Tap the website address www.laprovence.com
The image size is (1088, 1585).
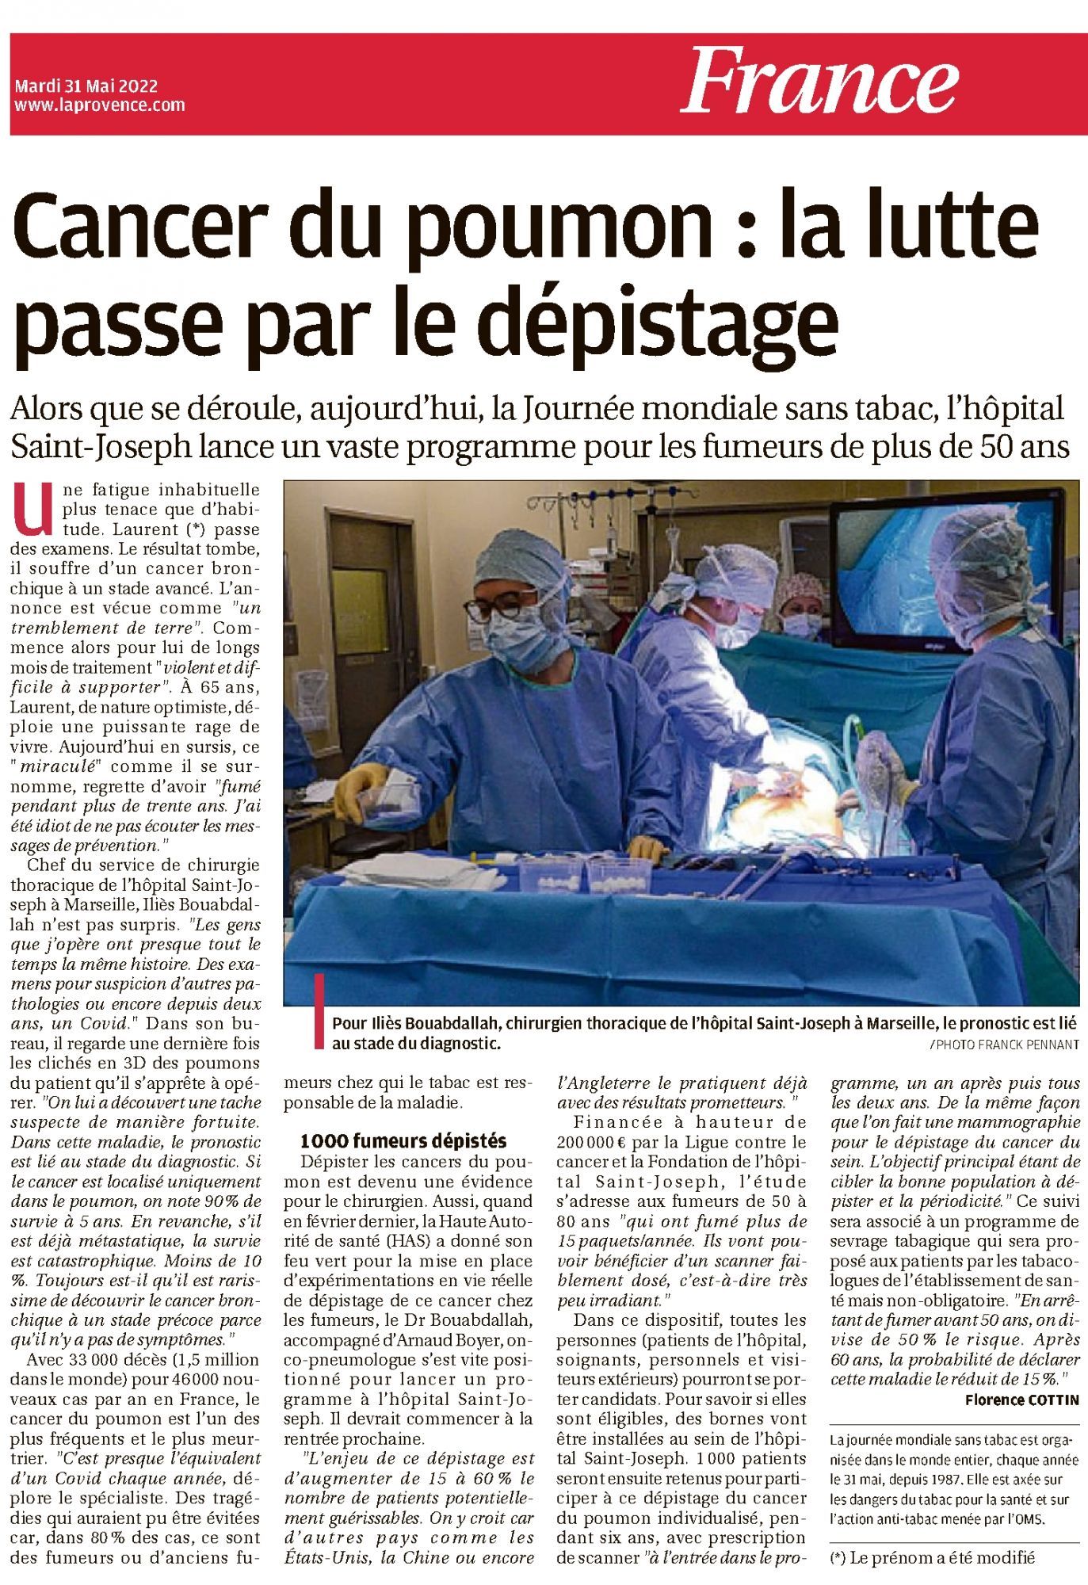[100, 105]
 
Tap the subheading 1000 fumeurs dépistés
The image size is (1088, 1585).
[403, 1140]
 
